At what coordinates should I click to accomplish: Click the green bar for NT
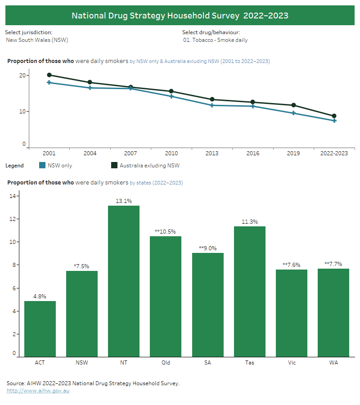tap(124, 281)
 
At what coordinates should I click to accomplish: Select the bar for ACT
tap(40, 329)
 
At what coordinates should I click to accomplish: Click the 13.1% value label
tap(124, 201)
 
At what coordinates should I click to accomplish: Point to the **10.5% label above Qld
tap(166, 231)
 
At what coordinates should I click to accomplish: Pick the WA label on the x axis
tap(333, 363)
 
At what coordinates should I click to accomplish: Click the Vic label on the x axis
tap(292, 363)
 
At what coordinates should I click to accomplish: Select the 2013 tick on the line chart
tap(212, 153)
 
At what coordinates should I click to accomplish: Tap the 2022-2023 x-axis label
tap(334, 153)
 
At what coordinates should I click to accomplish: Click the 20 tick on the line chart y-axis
tap(22, 76)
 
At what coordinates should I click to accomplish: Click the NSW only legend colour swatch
tap(43, 166)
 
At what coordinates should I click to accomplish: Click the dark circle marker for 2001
tap(49, 75)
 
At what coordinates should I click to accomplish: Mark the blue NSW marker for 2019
tap(293, 113)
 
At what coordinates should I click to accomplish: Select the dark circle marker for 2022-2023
tap(334, 116)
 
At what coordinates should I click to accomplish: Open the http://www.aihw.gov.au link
tap(38, 391)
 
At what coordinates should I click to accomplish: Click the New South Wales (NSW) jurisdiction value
tap(37, 40)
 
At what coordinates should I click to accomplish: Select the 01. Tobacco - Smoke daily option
tap(215, 40)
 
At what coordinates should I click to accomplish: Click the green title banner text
tap(180, 16)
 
